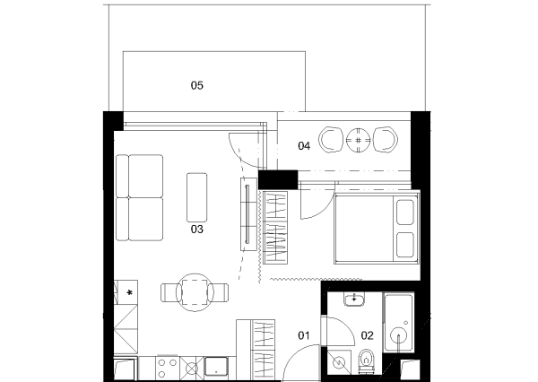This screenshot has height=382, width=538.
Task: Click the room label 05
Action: click(x=197, y=85)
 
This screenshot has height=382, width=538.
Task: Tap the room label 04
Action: click(x=304, y=146)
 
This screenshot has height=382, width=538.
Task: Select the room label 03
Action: click(x=197, y=230)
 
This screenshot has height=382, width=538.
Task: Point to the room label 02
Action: click(x=367, y=335)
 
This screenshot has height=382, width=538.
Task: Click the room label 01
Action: click(x=304, y=335)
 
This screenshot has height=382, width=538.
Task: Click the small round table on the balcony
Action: click(x=358, y=140)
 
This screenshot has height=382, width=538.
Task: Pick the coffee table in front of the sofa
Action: click(x=197, y=197)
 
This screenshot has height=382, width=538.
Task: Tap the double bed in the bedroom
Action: click(x=377, y=229)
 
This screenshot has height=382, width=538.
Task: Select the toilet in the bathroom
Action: click(x=367, y=361)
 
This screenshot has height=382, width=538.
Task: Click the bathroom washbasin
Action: click(x=354, y=300)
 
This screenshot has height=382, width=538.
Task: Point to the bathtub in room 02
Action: click(x=398, y=322)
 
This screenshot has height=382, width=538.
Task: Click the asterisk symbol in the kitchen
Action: click(x=129, y=292)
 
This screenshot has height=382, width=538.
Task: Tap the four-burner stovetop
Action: click(x=168, y=368)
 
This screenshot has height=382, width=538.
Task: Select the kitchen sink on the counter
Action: click(x=216, y=368)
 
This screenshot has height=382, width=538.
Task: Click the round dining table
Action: click(x=195, y=292)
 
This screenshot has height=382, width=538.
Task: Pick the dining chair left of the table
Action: click(x=171, y=292)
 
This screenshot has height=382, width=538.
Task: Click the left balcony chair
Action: click(x=331, y=140)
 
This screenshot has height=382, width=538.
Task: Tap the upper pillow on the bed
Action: click(x=405, y=213)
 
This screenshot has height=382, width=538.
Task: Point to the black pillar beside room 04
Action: click(x=278, y=179)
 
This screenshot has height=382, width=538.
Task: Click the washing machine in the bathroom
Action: click(x=339, y=362)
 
